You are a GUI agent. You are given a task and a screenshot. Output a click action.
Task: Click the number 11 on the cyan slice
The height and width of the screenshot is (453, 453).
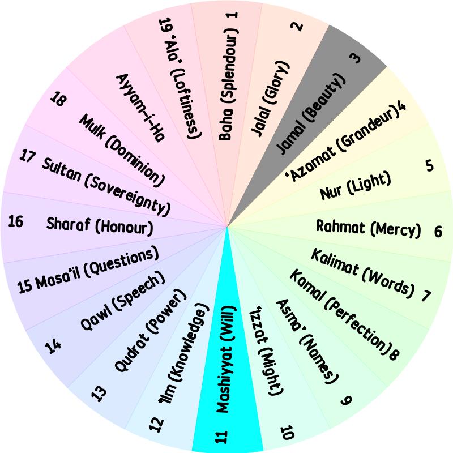point(222,437)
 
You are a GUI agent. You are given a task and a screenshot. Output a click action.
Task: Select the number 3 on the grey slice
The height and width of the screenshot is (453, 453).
point(356,59)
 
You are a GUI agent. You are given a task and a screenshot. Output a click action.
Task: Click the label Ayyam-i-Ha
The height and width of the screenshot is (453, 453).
point(140,108)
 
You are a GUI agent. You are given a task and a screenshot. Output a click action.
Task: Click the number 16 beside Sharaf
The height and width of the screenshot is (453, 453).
point(16,221)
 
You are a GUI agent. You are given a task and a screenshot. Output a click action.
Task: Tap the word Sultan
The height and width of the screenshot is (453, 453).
point(61,169)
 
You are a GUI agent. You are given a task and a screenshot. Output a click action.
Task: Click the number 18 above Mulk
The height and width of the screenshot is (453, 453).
point(58,99)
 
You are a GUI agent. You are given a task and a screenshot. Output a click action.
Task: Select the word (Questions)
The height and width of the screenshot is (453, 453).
point(121,266)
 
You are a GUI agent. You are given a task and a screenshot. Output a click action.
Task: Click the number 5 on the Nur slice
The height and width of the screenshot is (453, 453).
point(430,165)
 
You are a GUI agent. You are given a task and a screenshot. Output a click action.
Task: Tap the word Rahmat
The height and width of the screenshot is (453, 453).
point(340,226)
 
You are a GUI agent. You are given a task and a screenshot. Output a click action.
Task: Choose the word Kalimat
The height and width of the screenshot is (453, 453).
point(335,262)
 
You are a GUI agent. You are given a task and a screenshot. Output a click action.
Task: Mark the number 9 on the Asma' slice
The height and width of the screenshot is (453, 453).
point(347,400)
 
